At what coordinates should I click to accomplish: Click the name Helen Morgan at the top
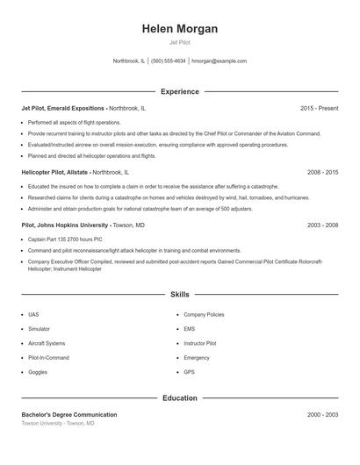pos(180,29)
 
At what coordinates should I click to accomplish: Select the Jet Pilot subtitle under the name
pos(180,42)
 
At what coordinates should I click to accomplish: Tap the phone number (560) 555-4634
pos(169,61)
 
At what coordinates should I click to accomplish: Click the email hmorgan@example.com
pos(219,61)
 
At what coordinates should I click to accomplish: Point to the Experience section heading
pos(180,91)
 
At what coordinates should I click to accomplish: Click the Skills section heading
pos(180,295)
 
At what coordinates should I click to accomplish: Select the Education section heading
pos(180,397)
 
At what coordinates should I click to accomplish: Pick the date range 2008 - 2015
pos(322,173)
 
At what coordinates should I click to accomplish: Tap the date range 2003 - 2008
pos(322,225)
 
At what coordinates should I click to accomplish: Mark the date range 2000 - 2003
pos(322,414)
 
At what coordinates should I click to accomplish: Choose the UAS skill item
pos(33,314)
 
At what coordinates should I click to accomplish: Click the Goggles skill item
pos(37,372)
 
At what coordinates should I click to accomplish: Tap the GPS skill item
pos(189,372)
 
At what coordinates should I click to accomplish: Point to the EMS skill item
pos(190,328)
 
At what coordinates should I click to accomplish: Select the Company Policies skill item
pos(204,314)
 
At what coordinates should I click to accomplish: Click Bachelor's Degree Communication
pos(68,414)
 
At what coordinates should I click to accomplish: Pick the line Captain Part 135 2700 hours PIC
pos(64,239)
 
